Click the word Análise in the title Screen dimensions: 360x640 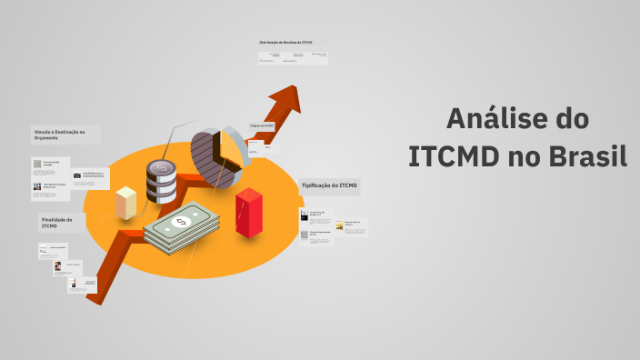(x=492, y=119)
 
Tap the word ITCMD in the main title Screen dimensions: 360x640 (x=451, y=156)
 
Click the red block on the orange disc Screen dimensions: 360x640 (x=248, y=212)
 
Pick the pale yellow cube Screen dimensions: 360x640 (x=126, y=201)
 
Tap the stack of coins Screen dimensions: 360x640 (x=161, y=182)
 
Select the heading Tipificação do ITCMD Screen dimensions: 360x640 (x=329, y=185)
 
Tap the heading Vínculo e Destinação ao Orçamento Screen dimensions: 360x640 (x=59, y=135)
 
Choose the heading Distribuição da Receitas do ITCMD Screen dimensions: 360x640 (x=285, y=43)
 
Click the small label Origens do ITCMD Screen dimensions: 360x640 (x=262, y=125)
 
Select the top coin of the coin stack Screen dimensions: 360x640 (x=161, y=168)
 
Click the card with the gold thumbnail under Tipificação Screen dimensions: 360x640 (x=351, y=225)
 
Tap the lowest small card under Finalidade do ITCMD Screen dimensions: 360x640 (x=87, y=285)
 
